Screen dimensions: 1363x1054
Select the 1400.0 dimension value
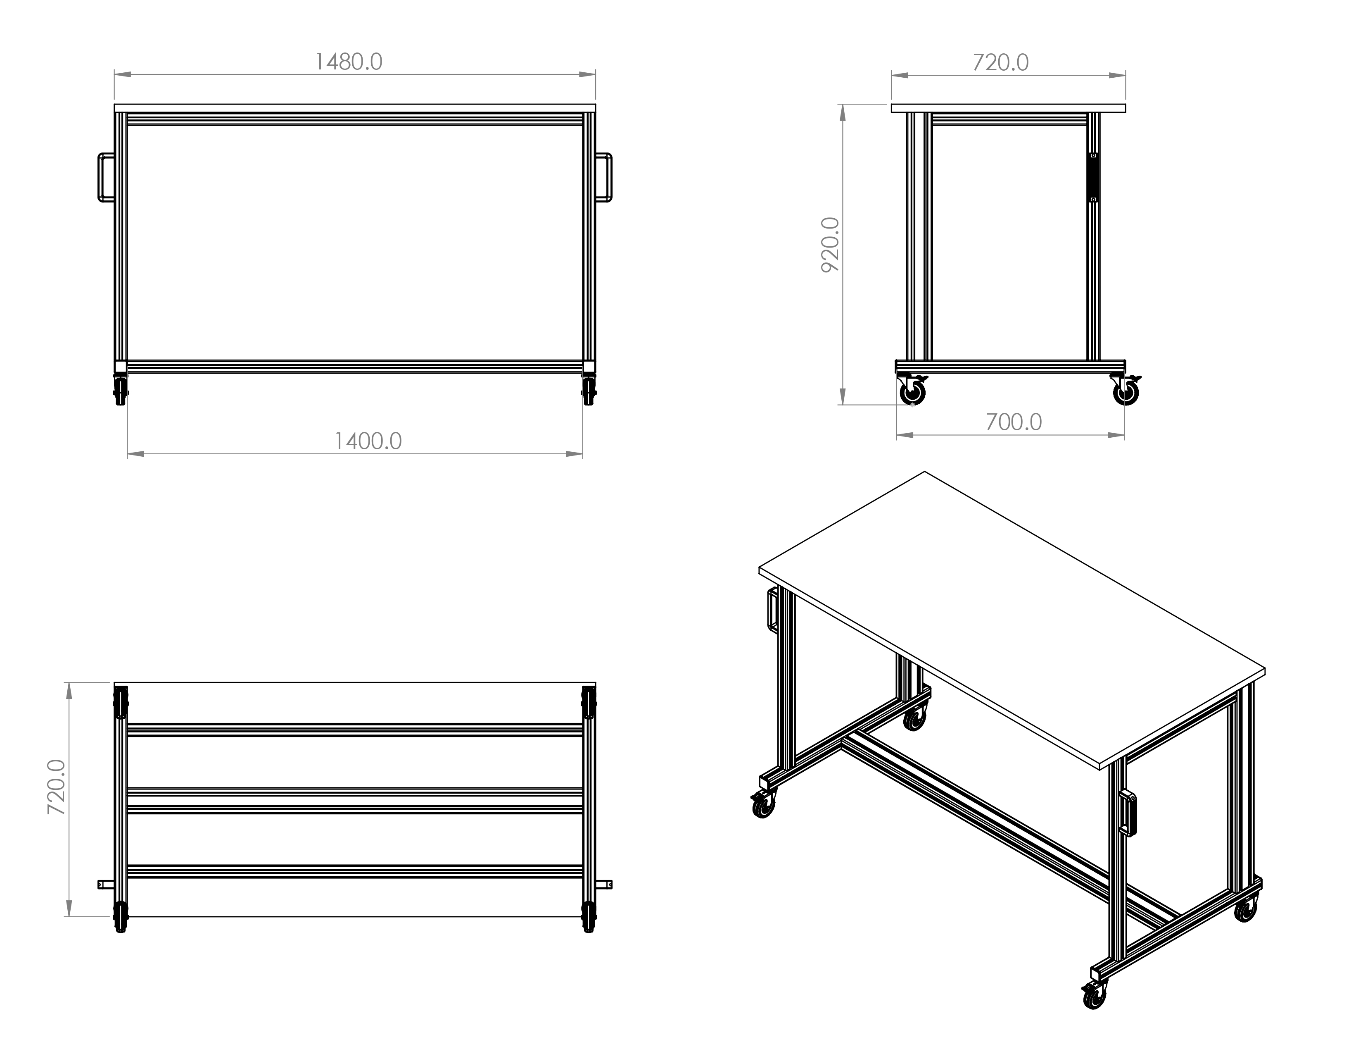tap(368, 441)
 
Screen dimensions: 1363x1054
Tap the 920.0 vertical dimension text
tap(830, 245)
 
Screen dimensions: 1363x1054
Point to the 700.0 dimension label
tap(1014, 423)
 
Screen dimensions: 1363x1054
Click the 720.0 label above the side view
tap(1000, 62)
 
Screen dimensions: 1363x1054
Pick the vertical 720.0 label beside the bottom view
tap(57, 787)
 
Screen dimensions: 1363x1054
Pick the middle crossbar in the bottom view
tap(355, 801)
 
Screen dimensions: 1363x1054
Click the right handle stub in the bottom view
tap(604, 884)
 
